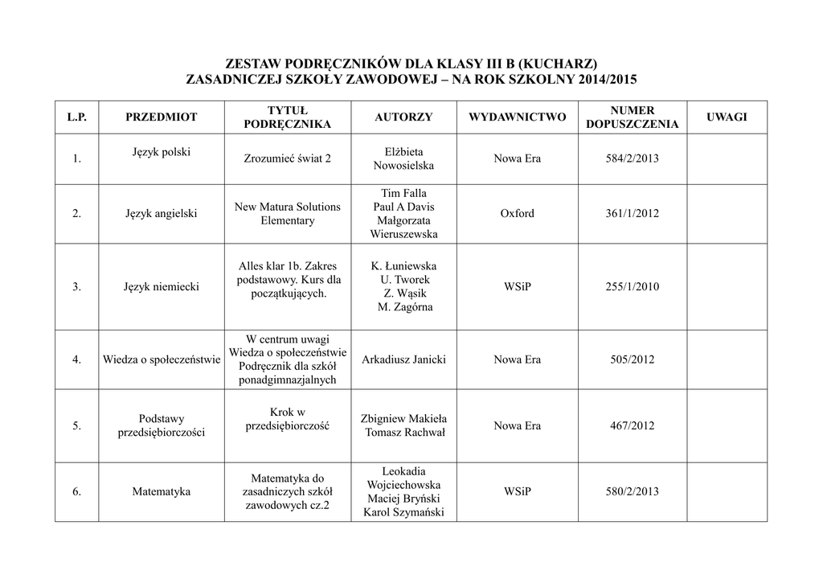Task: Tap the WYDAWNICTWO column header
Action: point(517,117)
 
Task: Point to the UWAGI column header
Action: point(726,117)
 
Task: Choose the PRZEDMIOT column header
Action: point(161,117)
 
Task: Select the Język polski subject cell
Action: point(161,152)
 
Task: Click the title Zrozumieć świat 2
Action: point(287,158)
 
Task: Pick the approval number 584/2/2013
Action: point(632,158)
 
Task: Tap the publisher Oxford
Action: point(517,214)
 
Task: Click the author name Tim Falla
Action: point(403,193)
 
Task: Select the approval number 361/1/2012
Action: point(632,214)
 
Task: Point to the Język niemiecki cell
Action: point(161,286)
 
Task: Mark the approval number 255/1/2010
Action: point(632,286)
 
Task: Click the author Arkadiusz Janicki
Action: point(403,359)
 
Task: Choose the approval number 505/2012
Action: point(632,359)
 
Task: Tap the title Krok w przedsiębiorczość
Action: point(287,419)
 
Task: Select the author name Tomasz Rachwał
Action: point(404,433)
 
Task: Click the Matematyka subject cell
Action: point(161,491)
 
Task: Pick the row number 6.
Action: point(76,491)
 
